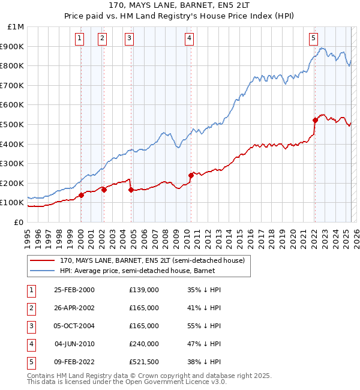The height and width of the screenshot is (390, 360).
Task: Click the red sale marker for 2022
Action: [x=314, y=120]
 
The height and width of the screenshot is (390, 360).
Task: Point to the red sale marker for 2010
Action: [x=191, y=175]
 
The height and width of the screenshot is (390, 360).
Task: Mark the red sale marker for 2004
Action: [x=131, y=190]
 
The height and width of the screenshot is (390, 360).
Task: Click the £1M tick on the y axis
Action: [x=16, y=27]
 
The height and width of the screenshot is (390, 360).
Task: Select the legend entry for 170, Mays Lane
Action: [x=152, y=261]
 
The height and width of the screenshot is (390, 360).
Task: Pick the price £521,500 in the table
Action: [x=144, y=361]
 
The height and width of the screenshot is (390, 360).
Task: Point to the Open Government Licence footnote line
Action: [x=127, y=382]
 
